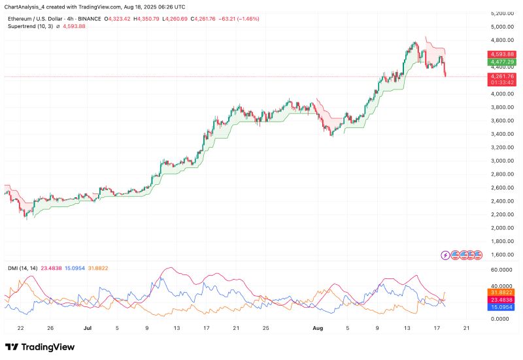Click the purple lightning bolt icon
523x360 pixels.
tap(446, 255)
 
